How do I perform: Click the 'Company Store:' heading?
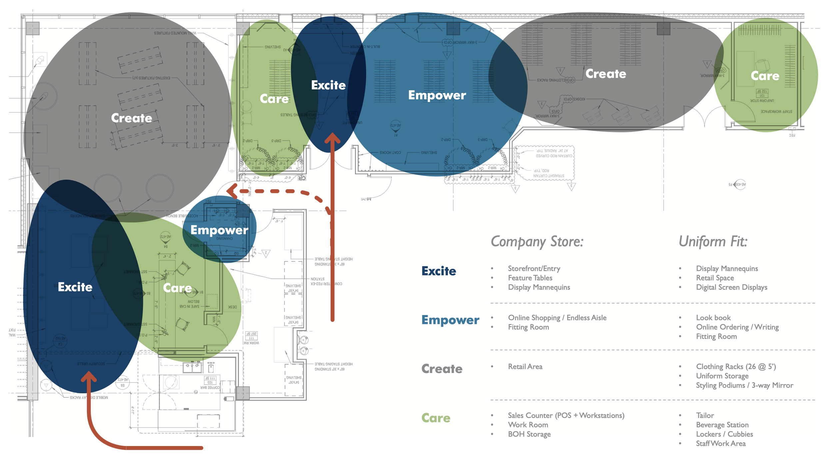pos(537,242)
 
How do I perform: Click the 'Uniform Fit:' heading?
pos(713,242)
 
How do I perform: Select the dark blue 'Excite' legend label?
pos(438,271)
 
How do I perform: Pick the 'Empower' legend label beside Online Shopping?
pos(450,320)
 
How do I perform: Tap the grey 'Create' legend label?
pos(442,369)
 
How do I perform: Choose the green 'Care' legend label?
pos(436,418)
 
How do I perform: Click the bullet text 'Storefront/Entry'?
pos(534,269)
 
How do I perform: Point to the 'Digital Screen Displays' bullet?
pos(731,287)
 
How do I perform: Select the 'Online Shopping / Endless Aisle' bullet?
pos(557,318)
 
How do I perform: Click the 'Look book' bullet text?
pos(713,318)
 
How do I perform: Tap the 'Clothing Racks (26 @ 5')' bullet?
pos(736,367)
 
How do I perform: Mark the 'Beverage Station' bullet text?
pos(722,425)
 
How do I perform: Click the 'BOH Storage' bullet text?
pos(529,434)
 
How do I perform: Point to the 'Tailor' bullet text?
pos(705,416)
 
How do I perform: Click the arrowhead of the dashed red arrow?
pos(231,191)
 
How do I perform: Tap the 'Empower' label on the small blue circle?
pos(219,230)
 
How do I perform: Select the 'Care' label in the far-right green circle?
pos(765,76)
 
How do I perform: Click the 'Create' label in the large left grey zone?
pos(131,118)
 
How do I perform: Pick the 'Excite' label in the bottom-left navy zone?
pos(75,287)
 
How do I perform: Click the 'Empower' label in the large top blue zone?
pos(437,95)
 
